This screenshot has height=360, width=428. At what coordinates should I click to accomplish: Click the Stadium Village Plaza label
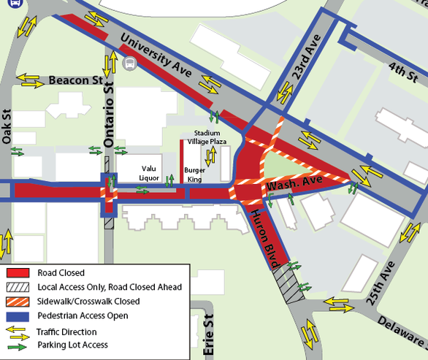coord(206,137)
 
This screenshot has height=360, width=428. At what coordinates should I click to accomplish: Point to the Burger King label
coord(195,173)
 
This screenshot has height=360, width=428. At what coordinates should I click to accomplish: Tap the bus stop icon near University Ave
coord(130,64)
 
